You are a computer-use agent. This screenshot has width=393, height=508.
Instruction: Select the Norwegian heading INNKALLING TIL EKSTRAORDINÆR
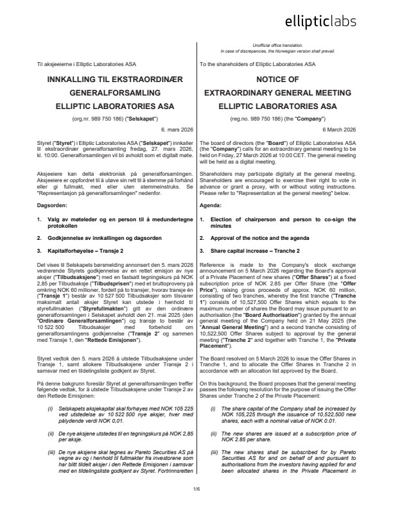[x=103, y=80]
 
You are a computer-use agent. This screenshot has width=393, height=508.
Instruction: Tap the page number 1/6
[x=196, y=489]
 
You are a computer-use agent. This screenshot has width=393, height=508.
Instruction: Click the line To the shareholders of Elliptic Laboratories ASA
[x=258, y=65]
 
